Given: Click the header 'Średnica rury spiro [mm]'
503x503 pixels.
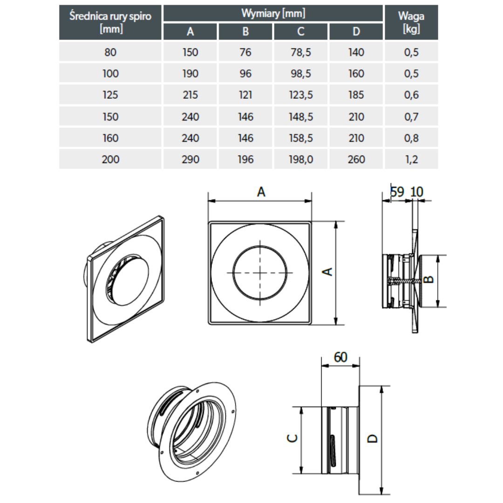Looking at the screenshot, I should point(110,22).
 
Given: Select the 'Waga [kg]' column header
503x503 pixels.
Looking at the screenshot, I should point(411,22).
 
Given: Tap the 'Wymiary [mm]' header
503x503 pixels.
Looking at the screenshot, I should point(273,13).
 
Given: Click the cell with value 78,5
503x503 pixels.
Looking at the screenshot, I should point(301,52).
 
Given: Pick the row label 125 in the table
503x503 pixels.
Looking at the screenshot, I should point(110,95).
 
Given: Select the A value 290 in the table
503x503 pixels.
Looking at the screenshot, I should point(190,159).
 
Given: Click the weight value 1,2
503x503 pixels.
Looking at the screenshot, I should point(411,159).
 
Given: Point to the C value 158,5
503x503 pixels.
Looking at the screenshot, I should point(301,138).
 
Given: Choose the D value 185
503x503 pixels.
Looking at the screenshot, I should point(356,95).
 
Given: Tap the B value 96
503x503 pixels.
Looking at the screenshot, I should point(245,74).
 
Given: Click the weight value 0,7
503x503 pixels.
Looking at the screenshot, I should point(411,116).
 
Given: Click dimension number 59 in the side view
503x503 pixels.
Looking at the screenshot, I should point(397,192).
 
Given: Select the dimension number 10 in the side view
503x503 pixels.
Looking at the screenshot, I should point(418,192).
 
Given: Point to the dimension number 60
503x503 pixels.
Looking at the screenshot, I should point(340,357).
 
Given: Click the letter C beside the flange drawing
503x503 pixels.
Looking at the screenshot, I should point(292,438).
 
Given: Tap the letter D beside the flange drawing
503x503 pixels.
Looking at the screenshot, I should point(372,438).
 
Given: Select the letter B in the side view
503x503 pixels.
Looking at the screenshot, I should point(429,279).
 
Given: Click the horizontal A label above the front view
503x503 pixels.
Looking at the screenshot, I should point(261,191).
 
